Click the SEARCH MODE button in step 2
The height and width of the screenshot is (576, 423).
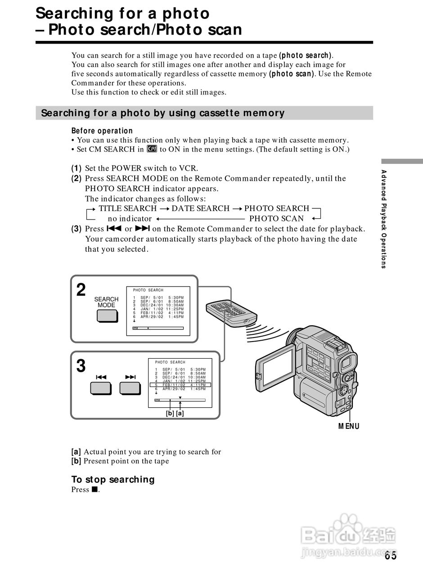click(x=107, y=316)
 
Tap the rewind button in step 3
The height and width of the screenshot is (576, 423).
click(x=101, y=387)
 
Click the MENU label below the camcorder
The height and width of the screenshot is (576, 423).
click(x=349, y=426)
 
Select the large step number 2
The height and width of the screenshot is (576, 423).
click(x=81, y=290)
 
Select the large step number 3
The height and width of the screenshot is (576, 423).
click(x=81, y=366)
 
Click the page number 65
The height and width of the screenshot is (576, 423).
click(x=391, y=556)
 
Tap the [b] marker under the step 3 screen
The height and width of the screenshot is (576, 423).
click(x=170, y=413)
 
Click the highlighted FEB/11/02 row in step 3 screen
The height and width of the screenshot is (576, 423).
click(x=180, y=385)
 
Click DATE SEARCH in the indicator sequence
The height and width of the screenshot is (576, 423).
click(x=200, y=208)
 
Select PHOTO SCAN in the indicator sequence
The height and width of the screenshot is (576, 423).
click(x=276, y=219)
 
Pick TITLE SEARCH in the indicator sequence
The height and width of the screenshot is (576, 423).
click(x=127, y=208)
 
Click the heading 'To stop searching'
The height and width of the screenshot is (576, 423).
click(x=112, y=479)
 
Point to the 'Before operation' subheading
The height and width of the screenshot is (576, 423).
click(x=102, y=131)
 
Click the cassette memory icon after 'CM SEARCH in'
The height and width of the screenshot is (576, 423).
click(x=152, y=149)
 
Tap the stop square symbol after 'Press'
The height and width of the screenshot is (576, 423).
click(x=94, y=490)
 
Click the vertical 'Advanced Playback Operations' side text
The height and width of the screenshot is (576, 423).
click(x=383, y=219)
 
